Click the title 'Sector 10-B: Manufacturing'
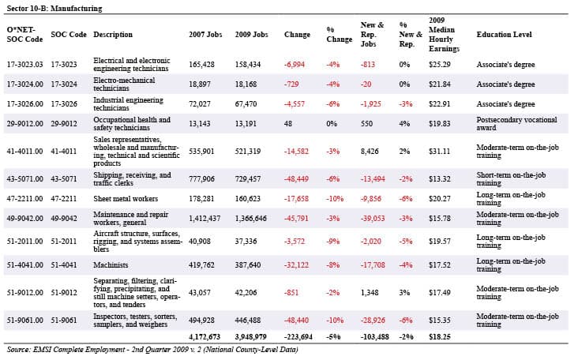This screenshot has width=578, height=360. (54, 8)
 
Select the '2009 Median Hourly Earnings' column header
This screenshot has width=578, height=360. (444, 34)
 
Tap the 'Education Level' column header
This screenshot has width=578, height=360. (504, 35)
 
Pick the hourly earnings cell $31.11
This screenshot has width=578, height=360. (439, 151)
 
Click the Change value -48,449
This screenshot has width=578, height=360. (296, 178)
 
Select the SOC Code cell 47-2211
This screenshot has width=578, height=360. (64, 199)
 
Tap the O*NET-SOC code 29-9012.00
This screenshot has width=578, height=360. (24, 123)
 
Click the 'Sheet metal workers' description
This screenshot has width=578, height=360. (126, 199)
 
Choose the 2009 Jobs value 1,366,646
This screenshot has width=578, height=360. (250, 219)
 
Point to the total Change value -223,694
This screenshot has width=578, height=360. (298, 337)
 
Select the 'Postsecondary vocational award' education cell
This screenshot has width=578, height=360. (516, 123)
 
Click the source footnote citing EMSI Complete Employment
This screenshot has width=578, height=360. (152, 349)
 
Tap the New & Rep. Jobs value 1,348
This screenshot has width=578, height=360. (370, 293)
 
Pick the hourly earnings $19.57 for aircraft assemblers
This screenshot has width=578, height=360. (439, 242)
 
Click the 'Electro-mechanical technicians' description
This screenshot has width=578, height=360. (124, 84)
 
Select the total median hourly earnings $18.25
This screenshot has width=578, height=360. (439, 337)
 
